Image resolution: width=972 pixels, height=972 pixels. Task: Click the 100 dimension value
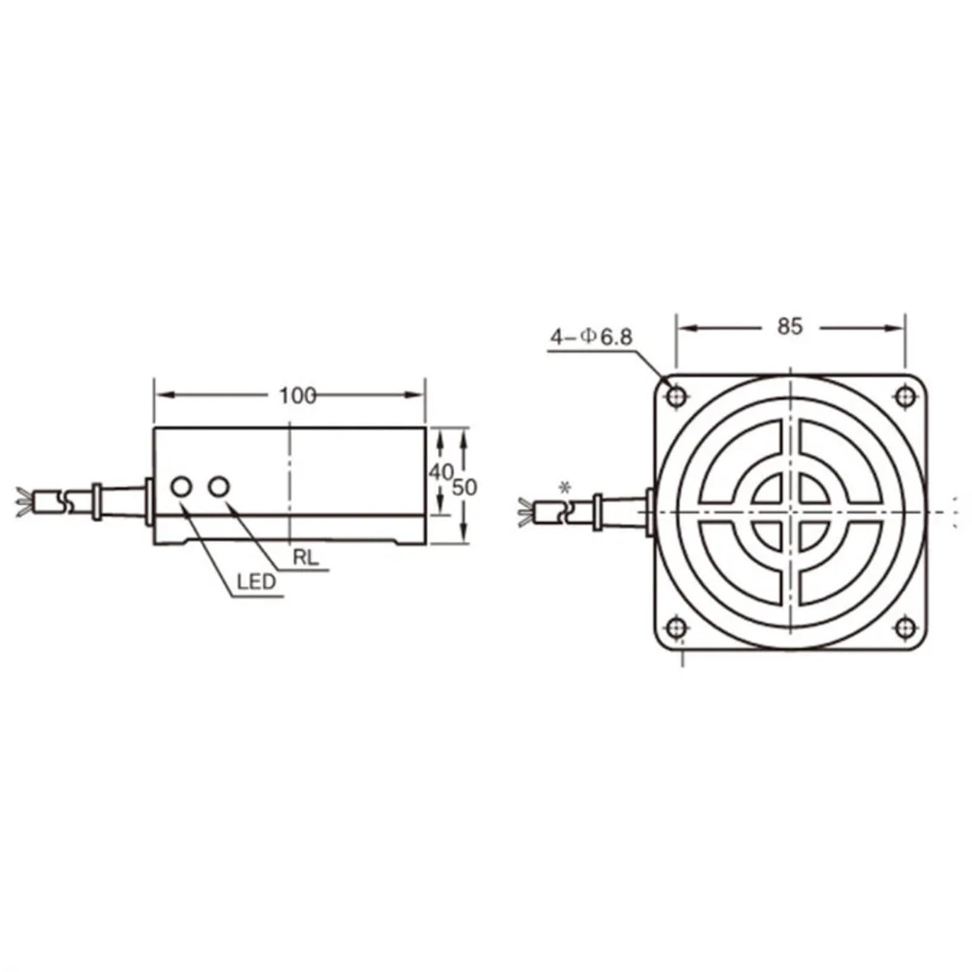[x=298, y=396]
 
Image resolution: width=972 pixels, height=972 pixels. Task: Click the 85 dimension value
[x=789, y=327]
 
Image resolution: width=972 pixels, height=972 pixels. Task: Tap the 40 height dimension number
[x=441, y=472]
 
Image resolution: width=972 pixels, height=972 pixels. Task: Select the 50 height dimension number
[x=465, y=487]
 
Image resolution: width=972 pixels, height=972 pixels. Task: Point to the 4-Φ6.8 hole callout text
[x=591, y=337]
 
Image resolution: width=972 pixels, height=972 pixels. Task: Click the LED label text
[x=256, y=583]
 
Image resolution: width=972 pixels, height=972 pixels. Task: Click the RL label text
[x=306, y=558]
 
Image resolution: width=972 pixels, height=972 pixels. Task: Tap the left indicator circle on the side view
[x=182, y=487]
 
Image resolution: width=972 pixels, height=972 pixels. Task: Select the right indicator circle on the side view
[x=219, y=486]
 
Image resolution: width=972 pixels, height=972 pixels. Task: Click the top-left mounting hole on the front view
[x=677, y=397]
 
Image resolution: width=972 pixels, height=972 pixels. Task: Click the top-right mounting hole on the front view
[x=905, y=397]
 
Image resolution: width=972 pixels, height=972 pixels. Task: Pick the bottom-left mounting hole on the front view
[x=677, y=627]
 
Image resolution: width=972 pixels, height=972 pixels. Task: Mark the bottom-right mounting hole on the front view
[x=905, y=627]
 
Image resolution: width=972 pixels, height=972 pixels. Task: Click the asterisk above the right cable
[x=566, y=488]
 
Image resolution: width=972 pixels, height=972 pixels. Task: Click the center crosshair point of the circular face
[x=790, y=512]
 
